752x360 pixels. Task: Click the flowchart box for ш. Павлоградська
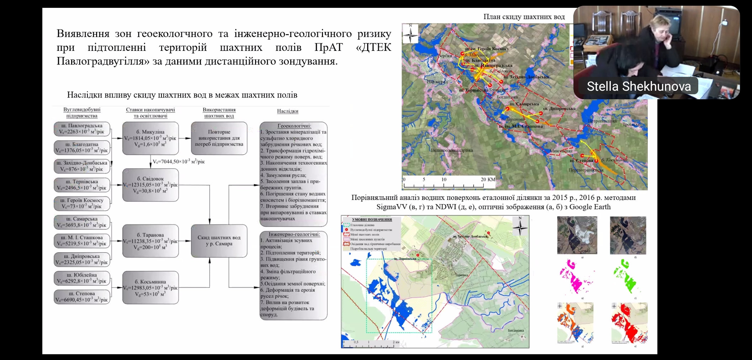(82, 129)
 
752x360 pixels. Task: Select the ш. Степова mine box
(82, 297)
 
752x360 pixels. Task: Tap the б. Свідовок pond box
(150, 185)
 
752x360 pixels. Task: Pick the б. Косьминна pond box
(150, 287)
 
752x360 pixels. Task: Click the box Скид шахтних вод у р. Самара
(219, 241)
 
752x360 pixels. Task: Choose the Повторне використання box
(219, 138)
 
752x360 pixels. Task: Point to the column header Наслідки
(287, 111)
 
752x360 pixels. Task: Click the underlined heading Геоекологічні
(294, 126)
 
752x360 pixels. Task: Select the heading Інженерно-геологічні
(294, 234)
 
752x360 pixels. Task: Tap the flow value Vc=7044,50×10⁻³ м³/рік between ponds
(179, 162)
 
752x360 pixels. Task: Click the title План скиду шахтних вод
(524, 17)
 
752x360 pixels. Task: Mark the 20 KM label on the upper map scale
(488, 179)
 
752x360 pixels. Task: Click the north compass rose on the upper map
(411, 33)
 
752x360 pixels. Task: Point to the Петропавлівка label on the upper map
(602, 121)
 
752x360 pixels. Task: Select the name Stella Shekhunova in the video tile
(639, 86)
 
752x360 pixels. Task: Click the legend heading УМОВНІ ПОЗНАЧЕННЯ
(372, 219)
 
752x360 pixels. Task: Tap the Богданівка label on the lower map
(515, 330)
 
